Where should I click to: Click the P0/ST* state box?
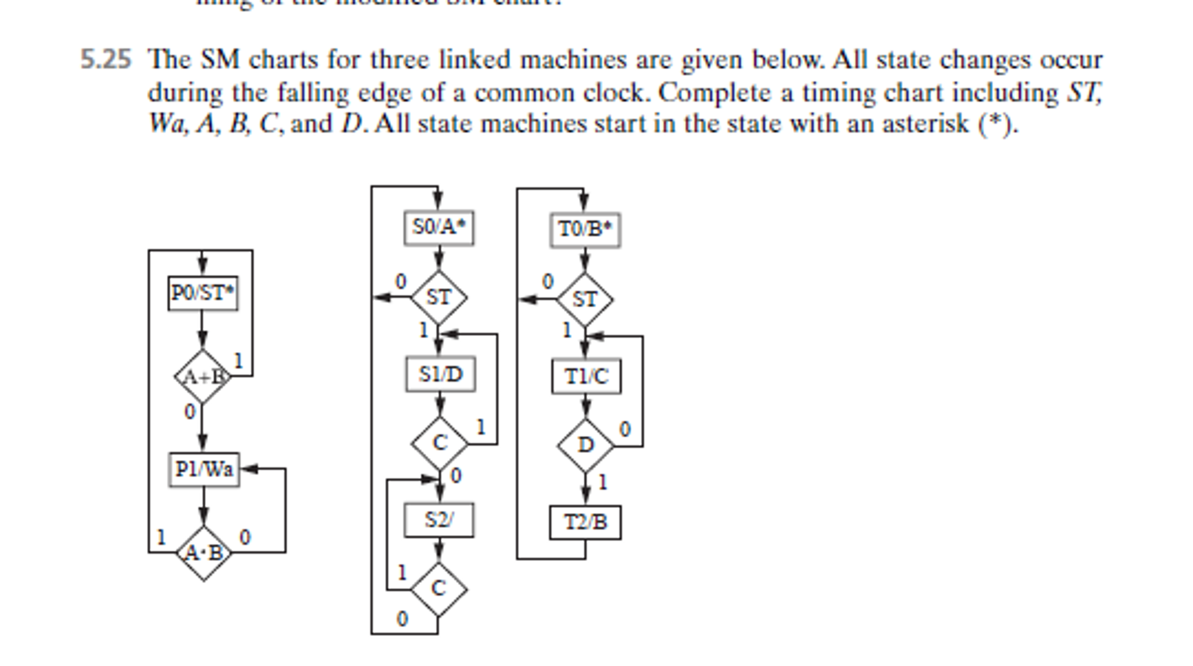click(x=202, y=293)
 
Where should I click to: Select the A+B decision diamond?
click(x=202, y=377)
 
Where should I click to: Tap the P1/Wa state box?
click(x=203, y=469)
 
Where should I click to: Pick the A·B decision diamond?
click(x=203, y=553)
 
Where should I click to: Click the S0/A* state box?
click(x=438, y=227)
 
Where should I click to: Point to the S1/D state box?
click(x=440, y=374)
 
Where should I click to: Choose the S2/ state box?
click(x=438, y=520)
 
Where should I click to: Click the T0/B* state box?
click(x=585, y=229)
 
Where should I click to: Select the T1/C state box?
click(x=586, y=376)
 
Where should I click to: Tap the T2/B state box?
click(x=585, y=522)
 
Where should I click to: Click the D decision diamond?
click(x=585, y=446)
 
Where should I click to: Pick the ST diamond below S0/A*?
click(x=438, y=297)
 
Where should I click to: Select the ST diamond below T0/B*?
click(x=585, y=300)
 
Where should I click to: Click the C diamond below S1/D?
click(x=439, y=443)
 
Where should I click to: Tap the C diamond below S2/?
click(x=438, y=589)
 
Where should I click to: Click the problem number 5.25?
click(x=106, y=60)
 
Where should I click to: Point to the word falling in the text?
click(x=314, y=93)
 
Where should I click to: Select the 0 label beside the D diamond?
click(x=624, y=429)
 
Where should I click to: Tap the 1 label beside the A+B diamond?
click(x=238, y=361)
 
